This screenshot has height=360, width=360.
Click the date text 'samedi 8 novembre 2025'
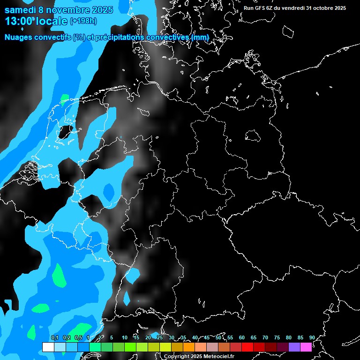(59, 10)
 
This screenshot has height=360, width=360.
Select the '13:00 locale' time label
(36, 21)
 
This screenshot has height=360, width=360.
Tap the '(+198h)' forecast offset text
(83, 21)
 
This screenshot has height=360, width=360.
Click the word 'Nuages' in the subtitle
(19, 37)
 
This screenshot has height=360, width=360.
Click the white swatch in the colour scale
(48, 347)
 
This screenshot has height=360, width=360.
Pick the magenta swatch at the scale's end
(306, 347)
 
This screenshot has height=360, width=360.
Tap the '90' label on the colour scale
(312, 337)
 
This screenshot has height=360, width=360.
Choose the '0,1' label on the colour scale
(54, 337)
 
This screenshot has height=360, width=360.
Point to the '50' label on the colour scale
(218, 337)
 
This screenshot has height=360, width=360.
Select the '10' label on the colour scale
(124, 337)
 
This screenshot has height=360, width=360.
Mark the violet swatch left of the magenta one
(294, 347)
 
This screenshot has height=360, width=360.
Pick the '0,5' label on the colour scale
(78, 337)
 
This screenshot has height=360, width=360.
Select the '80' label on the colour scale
(289, 337)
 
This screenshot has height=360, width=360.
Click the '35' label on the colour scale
(183, 337)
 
